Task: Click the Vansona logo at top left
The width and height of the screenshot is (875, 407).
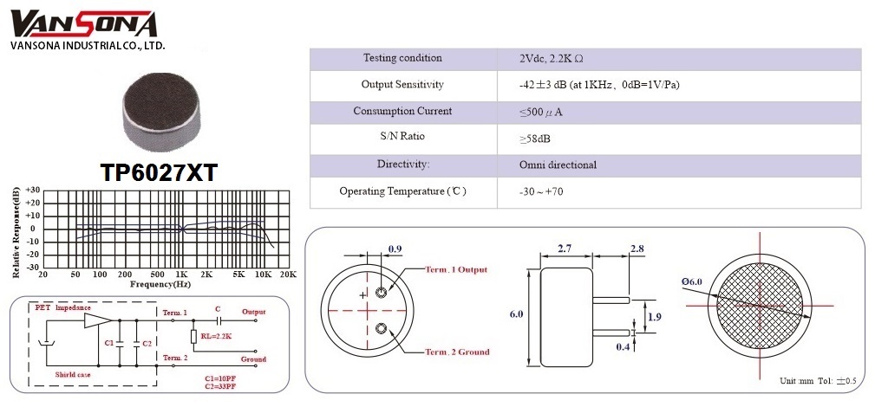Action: point(84,23)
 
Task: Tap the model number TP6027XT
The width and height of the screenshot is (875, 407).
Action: point(159,173)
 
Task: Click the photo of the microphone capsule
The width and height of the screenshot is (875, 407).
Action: point(161,113)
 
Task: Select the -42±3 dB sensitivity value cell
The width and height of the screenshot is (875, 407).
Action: point(598,86)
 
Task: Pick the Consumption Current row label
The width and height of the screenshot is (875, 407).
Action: point(402,111)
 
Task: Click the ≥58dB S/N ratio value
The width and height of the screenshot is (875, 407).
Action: point(534,139)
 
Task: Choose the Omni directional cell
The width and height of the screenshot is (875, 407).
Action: point(558,165)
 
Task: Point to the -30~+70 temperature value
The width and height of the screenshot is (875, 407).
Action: point(541,191)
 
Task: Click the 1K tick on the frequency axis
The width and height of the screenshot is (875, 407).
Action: point(181,275)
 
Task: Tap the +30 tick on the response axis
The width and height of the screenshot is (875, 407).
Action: point(33,190)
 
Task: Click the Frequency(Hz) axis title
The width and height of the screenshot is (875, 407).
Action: point(160,284)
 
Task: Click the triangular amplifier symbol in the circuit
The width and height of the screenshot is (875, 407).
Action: point(98,320)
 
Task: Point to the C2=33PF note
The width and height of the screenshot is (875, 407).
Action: point(219,387)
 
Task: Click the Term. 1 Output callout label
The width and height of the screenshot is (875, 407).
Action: point(456,270)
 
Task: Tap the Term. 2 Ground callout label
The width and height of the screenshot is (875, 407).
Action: point(457,352)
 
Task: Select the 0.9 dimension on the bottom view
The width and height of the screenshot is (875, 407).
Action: point(395,249)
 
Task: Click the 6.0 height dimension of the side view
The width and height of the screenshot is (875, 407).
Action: point(516,314)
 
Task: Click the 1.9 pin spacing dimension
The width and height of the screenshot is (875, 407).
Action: point(654,317)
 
